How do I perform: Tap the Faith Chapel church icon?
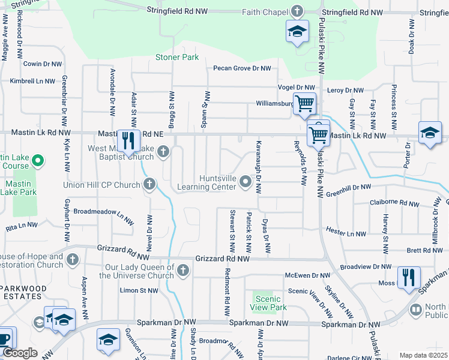point(297,11)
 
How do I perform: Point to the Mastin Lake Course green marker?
point(37,160)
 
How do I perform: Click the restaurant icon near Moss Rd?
point(408,278)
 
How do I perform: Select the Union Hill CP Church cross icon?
point(149,185)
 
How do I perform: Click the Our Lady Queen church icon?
point(183,271)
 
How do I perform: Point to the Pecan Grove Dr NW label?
point(242,68)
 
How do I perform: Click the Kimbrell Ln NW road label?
point(32,80)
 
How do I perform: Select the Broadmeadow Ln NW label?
point(102,212)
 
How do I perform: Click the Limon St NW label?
point(139,290)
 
